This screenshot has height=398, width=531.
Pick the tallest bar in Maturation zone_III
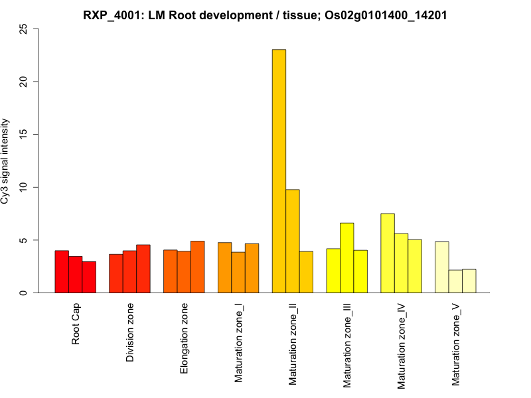(x=347, y=258)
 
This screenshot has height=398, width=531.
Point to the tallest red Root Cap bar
(x=62, y=271)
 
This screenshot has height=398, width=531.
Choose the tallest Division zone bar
(x=143, y=269)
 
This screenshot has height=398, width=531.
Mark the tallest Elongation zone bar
(x=198, y=267)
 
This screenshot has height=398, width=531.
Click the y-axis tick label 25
(x=24, y=29)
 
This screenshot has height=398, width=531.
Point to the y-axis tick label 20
(x=24, y=82)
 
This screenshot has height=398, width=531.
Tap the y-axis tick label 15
(x=24, y=135)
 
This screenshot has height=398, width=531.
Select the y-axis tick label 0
(x=24, y=293)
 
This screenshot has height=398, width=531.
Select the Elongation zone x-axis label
(x=185, y=338)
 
